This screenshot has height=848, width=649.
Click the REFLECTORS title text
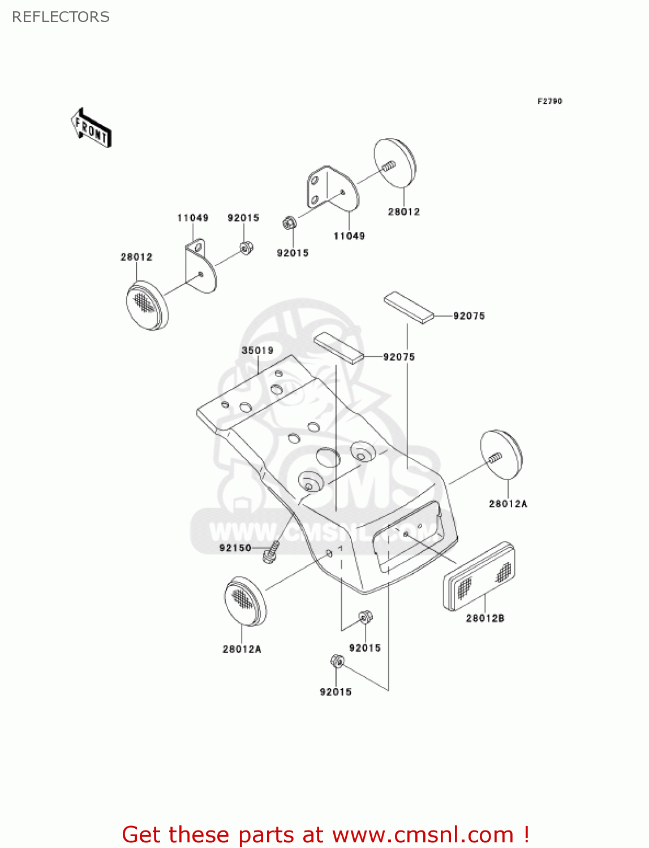(x=61, y=17)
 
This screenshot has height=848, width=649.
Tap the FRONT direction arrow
(x=91, y=128)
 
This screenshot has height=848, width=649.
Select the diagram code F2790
(x=549, y=101)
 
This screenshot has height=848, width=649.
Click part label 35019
(x=257, y=351)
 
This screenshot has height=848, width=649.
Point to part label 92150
(x=235, y=548)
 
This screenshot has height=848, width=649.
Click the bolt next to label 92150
(x=271, y=552)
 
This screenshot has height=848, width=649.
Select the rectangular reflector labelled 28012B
(x=479, y=576)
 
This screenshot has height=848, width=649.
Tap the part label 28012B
(x=485, y=618)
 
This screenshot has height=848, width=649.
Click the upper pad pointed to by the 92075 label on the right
(x=409, y=307)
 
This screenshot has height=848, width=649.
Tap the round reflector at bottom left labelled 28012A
(x=245, y=601)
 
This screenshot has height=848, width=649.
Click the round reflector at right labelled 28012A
(x=501, y=455)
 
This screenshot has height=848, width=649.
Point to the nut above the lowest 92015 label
(x=337, y=661)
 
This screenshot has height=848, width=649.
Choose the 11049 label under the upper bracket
(x=349, y=236)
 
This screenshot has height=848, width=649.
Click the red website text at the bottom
(x=325, y=834)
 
